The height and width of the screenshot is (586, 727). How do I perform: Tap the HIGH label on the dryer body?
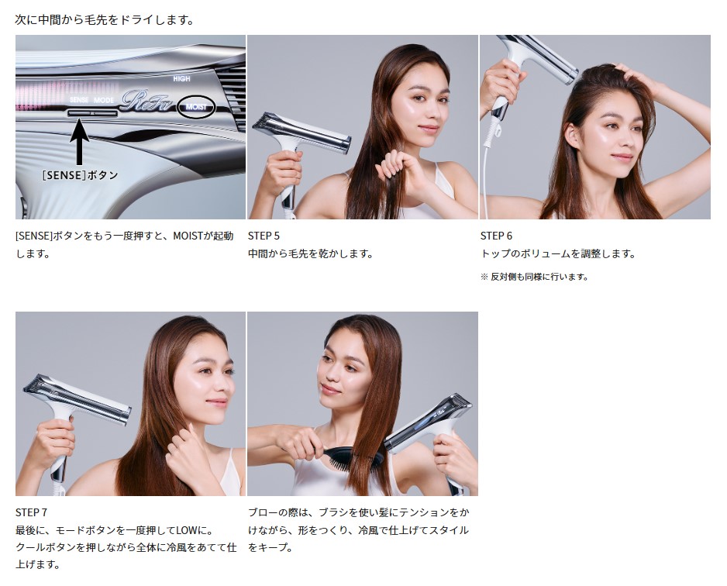[x=181, y=79]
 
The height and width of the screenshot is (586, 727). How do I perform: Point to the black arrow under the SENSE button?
[x=79, y=142]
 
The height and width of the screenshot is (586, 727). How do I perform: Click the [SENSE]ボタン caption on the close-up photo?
[x=80, y=175]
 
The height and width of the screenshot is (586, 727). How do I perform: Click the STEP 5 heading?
[x=264, y=236]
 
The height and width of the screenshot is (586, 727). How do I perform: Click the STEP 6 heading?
[x=496, y=236]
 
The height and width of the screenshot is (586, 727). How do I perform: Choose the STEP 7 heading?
[x=31, y=512]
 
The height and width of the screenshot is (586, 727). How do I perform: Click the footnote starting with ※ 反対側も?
[x=534, y=277]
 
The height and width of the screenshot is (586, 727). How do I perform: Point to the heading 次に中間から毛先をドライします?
[x=105, y=20]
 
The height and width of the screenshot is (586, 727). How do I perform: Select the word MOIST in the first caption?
[x=188, y=236]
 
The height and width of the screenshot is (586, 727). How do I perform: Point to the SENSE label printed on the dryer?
[x=79, y=100]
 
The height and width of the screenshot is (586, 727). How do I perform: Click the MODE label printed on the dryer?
[x=104, y=100]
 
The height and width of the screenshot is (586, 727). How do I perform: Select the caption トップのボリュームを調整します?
[x=558, y=253]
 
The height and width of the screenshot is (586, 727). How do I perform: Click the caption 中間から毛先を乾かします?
[x=311, y=253]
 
